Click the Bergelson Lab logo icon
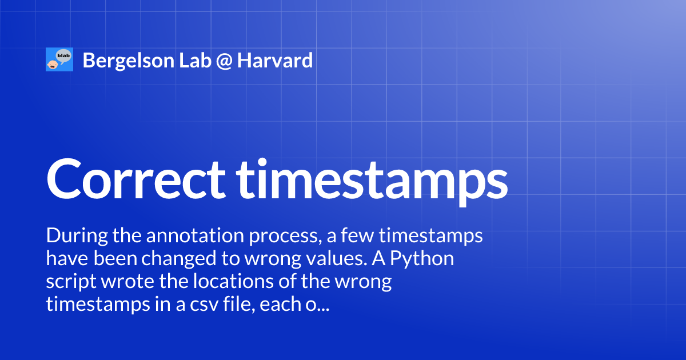tap(59, 60)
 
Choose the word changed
tap(181, 259)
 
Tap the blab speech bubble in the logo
tap(63, 55)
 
